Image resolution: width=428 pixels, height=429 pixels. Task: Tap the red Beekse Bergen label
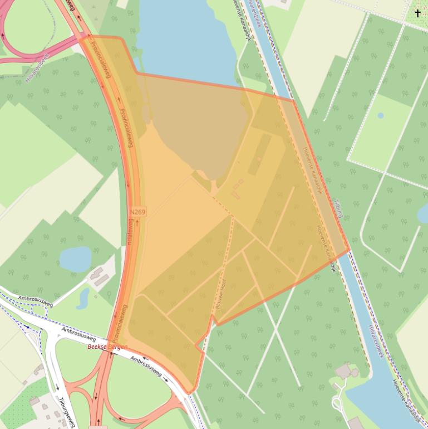coord(107,347)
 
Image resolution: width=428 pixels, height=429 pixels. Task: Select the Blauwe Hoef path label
coord(218,296)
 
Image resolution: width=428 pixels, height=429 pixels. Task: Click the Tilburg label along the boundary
coord(338,207)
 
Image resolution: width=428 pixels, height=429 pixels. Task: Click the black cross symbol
coord(417,13)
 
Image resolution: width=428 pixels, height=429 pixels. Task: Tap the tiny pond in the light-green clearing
coord(380,116)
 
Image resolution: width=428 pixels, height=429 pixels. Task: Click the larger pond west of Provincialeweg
coord(75,259)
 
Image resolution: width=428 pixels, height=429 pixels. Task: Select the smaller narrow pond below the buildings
coord(83,299)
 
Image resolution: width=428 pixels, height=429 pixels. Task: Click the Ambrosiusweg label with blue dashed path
coord(35,299)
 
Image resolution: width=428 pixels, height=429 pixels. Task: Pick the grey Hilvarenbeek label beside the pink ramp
coord(37,68)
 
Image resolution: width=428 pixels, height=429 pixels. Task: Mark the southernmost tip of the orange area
coord(190,393)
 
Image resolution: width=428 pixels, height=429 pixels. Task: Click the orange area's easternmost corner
coord(349,251)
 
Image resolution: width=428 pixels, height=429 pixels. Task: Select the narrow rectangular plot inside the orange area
coord(259,153)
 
